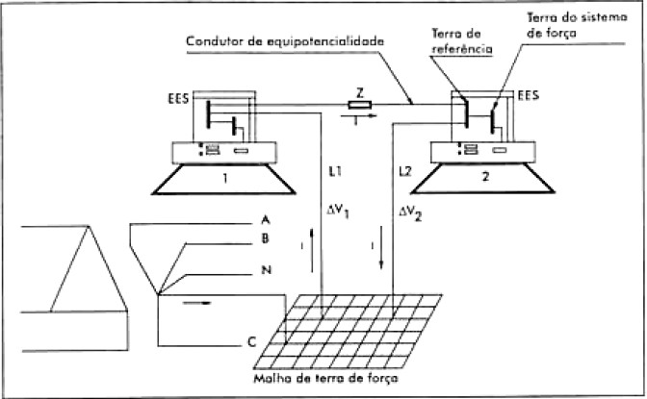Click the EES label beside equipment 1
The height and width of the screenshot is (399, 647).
click(177, 98)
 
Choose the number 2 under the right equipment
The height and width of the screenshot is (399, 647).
click(485, 178)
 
